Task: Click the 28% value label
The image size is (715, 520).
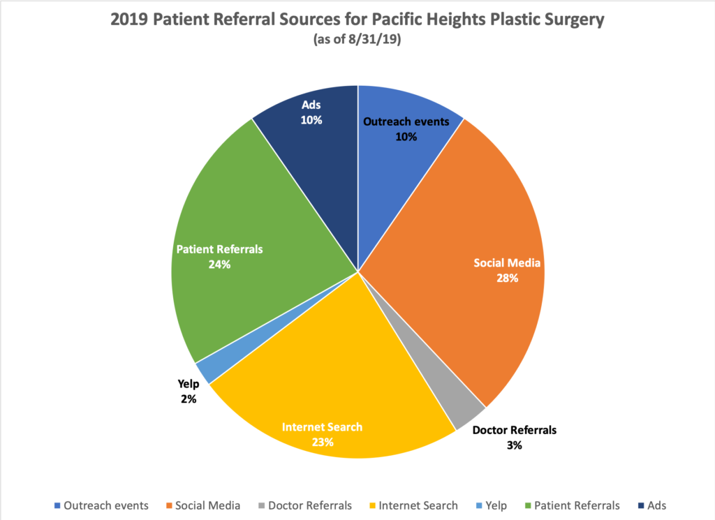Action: click(x=507, y=278)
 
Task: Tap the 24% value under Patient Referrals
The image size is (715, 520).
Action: click(x=219, y=265)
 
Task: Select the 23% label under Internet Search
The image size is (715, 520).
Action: click(x=323, y=442)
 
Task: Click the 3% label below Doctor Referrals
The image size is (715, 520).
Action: click(x=515, y=445)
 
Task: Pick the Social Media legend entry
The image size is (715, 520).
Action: click(x=208, y=505)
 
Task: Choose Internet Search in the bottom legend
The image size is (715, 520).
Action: click(x=417, y=505)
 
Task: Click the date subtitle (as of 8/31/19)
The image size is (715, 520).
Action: click(x=357, y=40)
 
